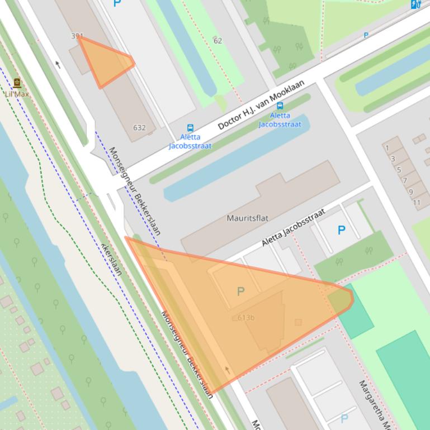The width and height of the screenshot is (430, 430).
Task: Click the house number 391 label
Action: [77, 36]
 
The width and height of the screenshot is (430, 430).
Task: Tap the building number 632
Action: [139, 127]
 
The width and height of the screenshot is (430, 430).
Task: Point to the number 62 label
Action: [218, 40]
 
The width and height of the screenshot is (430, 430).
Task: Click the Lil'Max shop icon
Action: [17, 83]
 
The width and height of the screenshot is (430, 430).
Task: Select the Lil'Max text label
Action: [17, 94]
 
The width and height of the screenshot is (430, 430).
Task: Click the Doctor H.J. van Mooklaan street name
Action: [261, 104]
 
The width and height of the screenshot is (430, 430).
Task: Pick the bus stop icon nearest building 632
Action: [190, 128]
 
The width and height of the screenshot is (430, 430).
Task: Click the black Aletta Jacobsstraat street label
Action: [293, 228]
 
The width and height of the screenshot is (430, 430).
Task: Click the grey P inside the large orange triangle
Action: [241, 291]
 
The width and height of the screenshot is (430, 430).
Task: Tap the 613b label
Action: [246, 318]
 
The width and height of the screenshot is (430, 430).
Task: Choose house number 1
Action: [387, 148]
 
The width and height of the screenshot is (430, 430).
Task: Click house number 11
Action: [417, 202]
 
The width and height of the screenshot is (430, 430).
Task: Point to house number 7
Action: [404, 180]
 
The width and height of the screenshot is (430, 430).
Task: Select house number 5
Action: [399, 170]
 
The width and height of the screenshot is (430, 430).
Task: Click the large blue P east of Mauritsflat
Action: [341, 230]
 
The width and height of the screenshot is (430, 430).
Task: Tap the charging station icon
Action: [415, 4]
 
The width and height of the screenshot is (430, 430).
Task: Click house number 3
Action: [393, 159]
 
